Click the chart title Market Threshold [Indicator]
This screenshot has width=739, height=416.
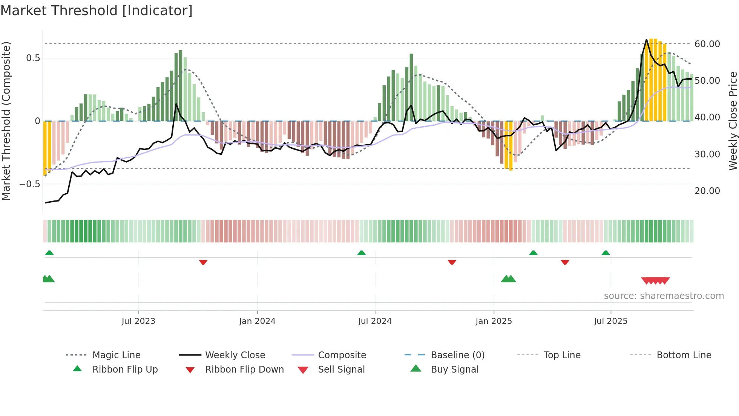97,11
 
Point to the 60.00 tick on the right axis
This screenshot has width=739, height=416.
707,44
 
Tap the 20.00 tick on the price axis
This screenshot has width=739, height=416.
707,191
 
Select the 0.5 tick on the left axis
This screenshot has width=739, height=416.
33,58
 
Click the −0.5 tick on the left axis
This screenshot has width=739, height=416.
29,184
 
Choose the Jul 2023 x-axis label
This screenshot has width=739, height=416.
138,321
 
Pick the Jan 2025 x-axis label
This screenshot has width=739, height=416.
494,321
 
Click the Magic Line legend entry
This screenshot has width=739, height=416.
116,355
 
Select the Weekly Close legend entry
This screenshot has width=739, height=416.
235,355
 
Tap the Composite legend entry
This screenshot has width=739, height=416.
342,355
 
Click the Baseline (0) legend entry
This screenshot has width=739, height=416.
457,355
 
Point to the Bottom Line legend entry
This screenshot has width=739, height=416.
684,355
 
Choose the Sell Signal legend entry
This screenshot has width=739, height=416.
341,369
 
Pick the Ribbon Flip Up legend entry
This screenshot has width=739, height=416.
125,369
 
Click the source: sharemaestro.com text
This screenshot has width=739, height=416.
664,296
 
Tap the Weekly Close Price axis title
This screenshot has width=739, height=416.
733,121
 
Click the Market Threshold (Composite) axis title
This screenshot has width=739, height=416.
6,121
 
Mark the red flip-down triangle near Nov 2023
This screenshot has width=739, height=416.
203,262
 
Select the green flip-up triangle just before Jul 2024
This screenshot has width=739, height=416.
361,253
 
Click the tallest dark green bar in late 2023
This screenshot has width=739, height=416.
181,85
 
